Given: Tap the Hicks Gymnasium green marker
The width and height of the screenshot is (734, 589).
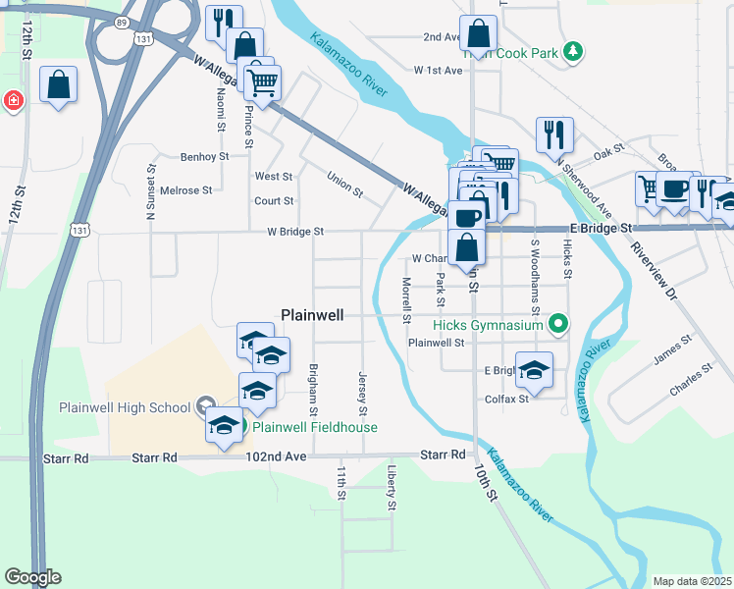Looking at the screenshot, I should coord(558,323).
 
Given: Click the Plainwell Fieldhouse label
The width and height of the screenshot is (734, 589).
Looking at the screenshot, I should coord(315,427).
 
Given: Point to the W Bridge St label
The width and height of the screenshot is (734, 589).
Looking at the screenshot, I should coord(295,232).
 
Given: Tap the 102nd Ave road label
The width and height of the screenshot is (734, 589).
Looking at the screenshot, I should coord(271,456).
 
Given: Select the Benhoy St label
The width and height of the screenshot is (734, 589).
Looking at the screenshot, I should coord(204,156).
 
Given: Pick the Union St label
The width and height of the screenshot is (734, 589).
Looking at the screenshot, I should coord(344,183).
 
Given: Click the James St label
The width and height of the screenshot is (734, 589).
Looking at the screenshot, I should coord(672,348).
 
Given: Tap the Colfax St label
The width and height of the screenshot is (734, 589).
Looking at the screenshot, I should coord(506,399).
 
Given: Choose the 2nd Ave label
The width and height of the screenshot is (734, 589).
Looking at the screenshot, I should coord(442,37).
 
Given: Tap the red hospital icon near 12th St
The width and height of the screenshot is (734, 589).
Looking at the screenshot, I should coord(11,100).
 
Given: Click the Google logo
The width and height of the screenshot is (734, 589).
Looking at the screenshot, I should coord(31,577).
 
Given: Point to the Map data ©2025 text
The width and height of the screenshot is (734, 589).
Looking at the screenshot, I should coord(692,581).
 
